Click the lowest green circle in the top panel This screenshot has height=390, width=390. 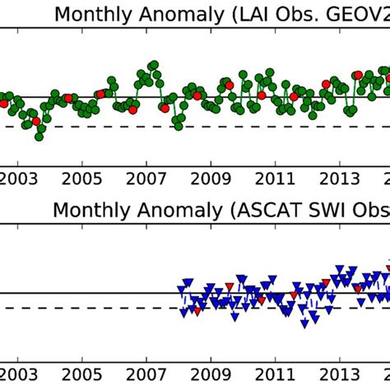(x=39, y=137)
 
